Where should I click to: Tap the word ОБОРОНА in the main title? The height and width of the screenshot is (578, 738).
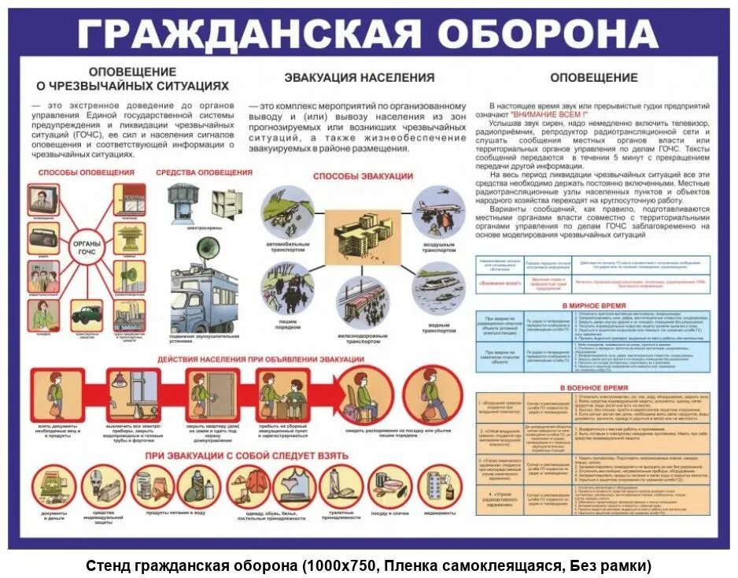click(x=547, y=32)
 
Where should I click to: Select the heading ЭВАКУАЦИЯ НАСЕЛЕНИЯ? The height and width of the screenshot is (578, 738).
click(x=359, y=77)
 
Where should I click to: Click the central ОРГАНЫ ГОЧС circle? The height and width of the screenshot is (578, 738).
click(x=87, y=247)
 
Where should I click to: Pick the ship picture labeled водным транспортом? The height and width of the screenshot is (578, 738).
click(x=437, y=291)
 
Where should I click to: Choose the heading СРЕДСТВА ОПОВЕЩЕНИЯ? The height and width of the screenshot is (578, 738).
click(x=204, y=172)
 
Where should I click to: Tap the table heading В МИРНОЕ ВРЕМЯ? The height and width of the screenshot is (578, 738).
click(x=593, y=304)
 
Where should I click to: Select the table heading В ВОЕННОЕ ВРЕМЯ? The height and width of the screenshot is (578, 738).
click(x=593, y=388)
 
